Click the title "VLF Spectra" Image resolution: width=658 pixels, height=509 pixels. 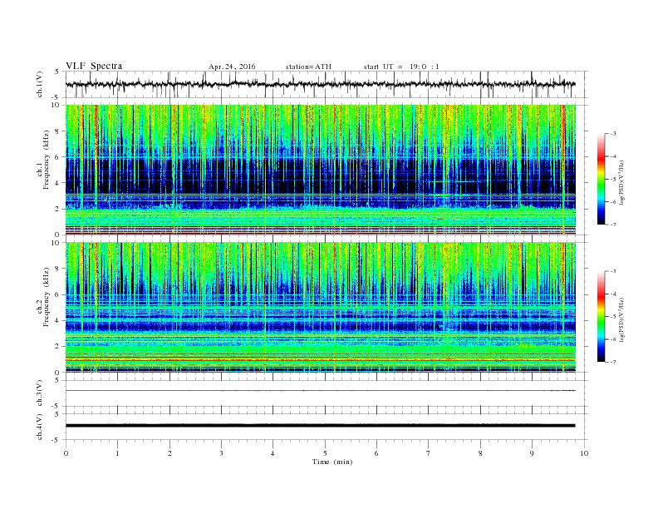coord(94,66)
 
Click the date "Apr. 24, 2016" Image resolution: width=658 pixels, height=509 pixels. coord(232,66)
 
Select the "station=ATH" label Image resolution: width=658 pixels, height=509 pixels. coord(307,66)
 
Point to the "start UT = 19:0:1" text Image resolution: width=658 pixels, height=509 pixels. coord(407,66)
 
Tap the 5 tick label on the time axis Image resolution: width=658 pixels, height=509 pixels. coord(325,453)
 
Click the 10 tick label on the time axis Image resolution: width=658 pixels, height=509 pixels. coord(584,453)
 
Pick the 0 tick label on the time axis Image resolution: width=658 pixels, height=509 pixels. coord(66,453)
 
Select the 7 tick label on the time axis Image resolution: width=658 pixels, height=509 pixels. coord(429,453)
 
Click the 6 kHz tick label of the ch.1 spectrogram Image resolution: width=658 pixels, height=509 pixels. coord(57,157)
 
